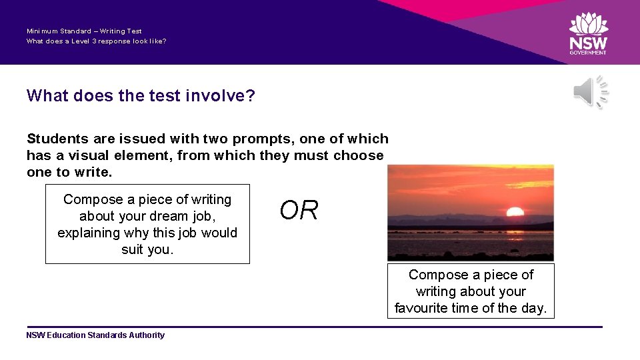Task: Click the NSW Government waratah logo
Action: [588, 25]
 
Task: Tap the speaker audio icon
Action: [591, 92]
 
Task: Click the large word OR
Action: [299, 211]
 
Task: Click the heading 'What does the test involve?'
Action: [141, 96]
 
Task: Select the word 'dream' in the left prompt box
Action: [157, 216]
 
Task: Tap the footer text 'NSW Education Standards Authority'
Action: [95, 335]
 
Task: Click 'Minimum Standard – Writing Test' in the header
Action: [84, 31]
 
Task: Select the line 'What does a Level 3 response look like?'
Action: [96, 41]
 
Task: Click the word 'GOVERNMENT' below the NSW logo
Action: [588, 53]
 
